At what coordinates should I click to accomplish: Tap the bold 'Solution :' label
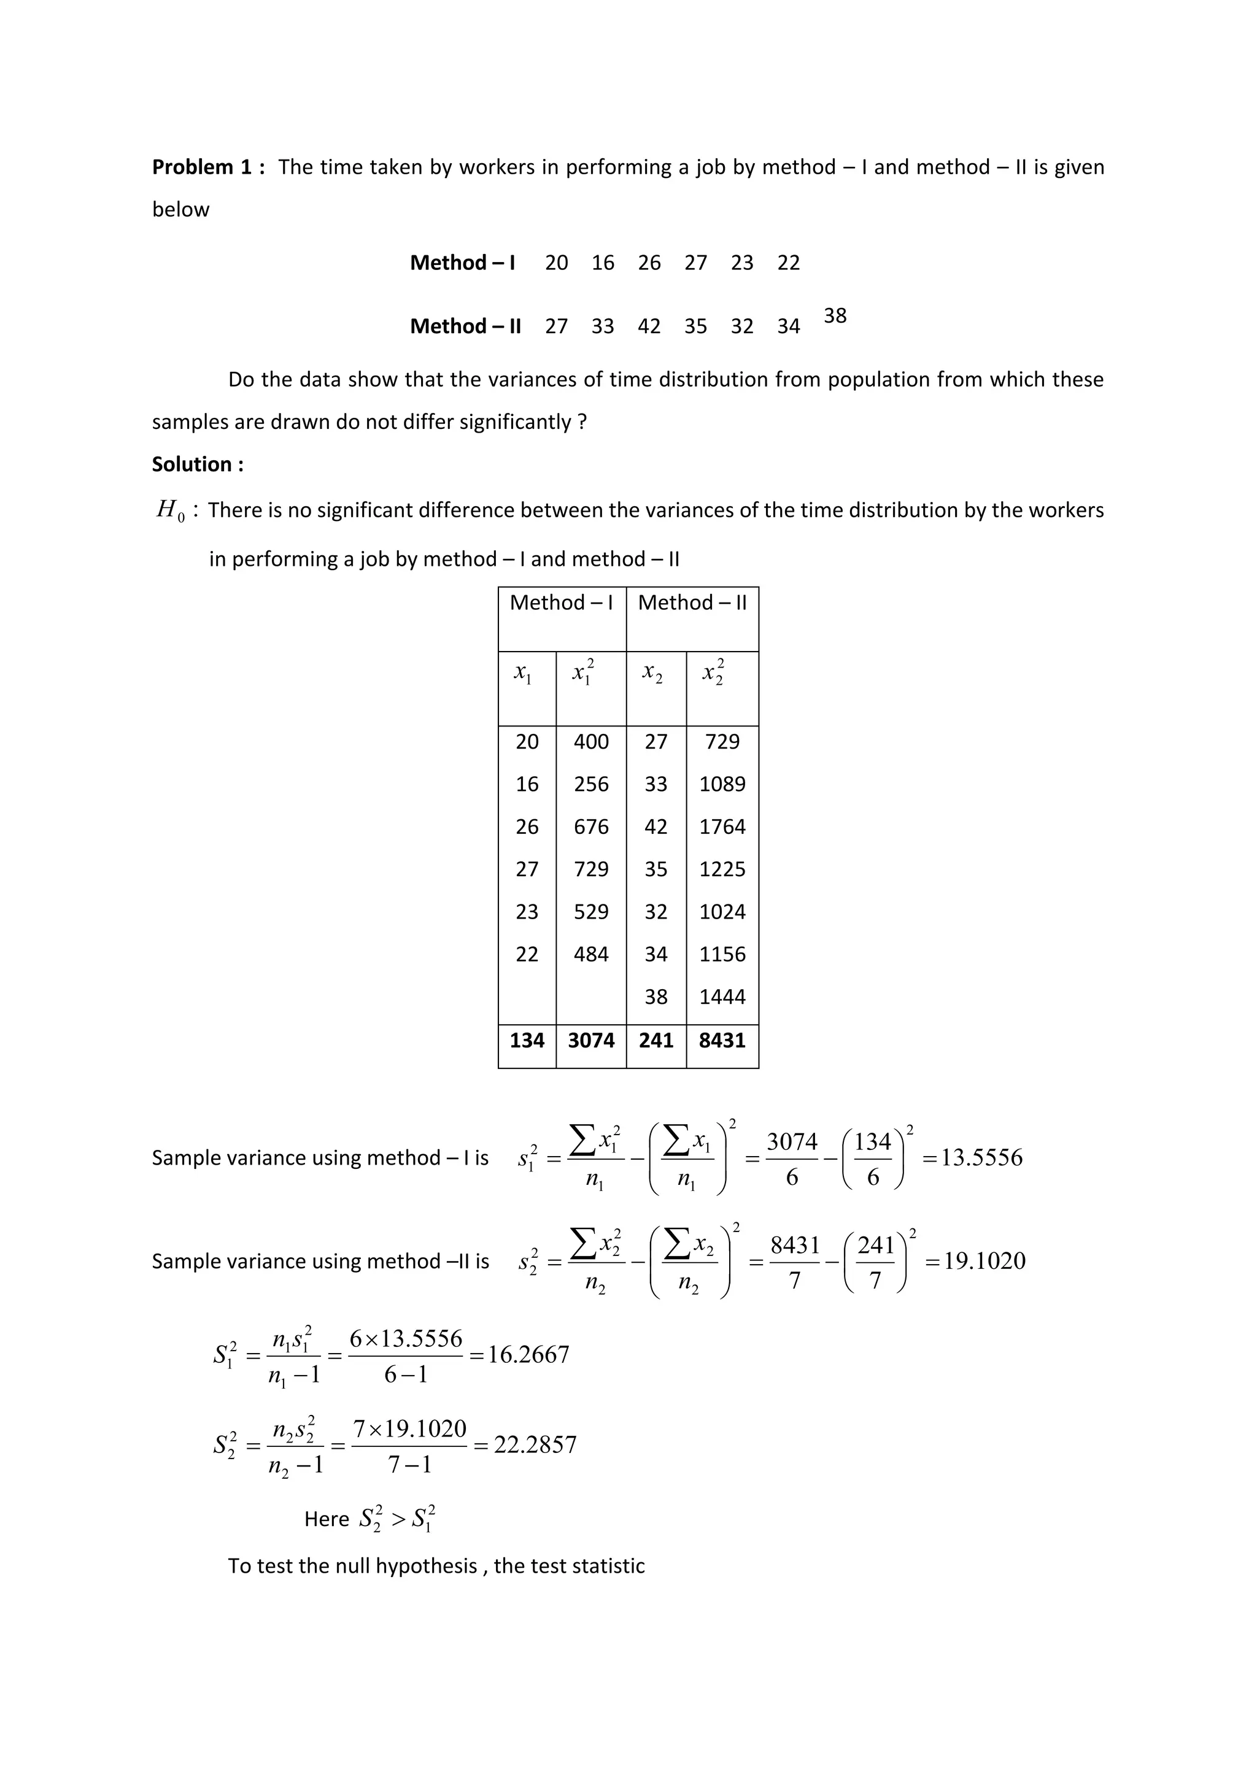[x=198, y=464]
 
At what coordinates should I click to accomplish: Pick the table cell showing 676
[x=590, y=827]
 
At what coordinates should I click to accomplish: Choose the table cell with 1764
[x=722, y=827]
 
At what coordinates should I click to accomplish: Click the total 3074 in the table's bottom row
[x=590, y=1040]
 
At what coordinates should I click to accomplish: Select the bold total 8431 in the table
[x=722, y=1040]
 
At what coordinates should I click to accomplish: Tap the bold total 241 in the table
[x=656, y=1040]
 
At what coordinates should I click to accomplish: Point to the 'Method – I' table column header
[x=561, y=603]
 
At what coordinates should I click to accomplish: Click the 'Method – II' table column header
[x=692, y=603]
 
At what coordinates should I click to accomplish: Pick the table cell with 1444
[x=722, y=997]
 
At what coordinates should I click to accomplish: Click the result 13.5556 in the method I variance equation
[x=981, y=1158]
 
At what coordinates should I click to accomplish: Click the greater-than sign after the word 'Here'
[x=398, y=1519]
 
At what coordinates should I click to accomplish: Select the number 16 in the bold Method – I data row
[x=603, y=263]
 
